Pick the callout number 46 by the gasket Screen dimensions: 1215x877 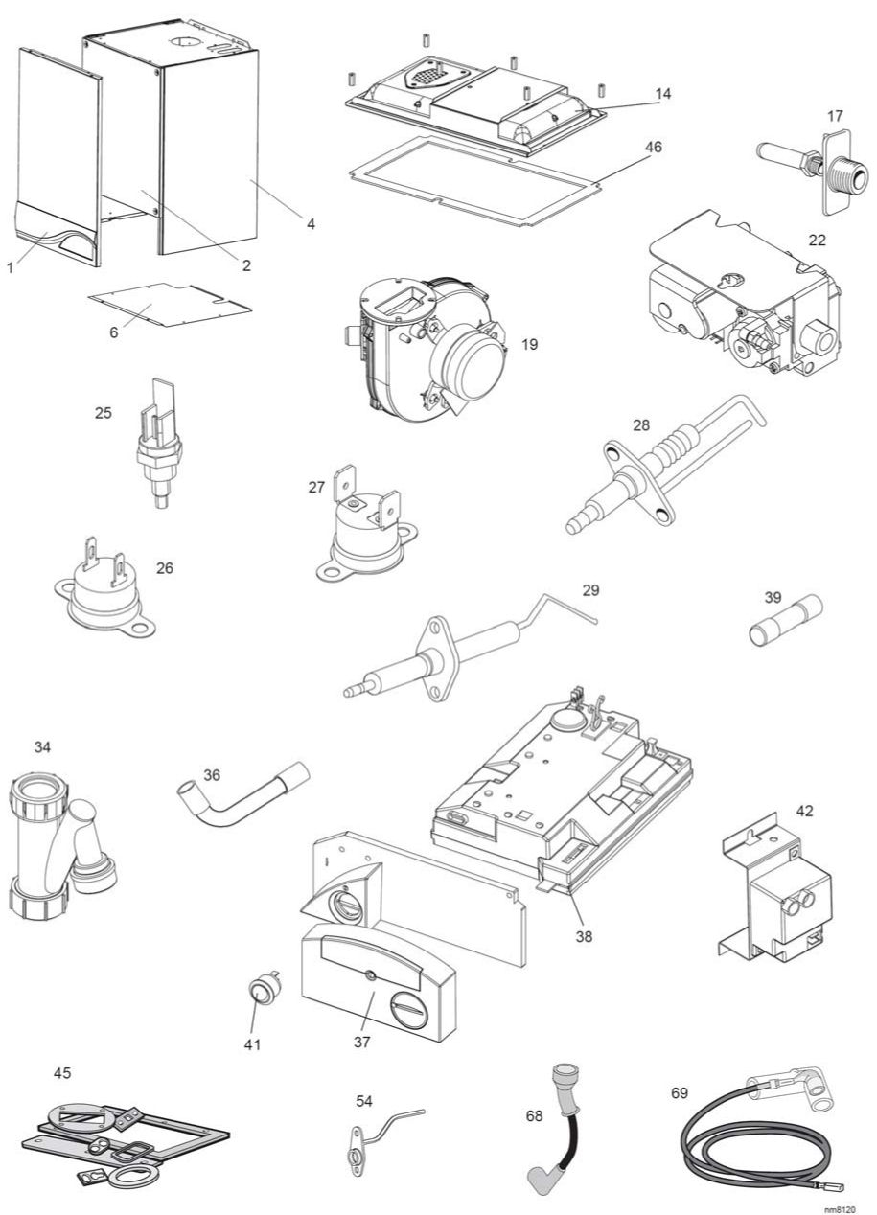[654, 148]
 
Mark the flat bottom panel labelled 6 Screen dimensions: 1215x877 [169, 306]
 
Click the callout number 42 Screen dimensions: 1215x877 [804, 811]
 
